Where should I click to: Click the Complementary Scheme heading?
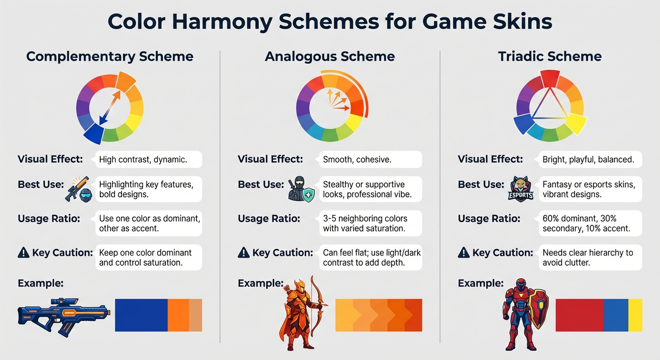pyautogui.click(x=110, y=57)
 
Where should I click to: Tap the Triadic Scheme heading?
pyautogui.click(x=550, y=57)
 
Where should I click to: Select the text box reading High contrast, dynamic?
pyautogui.click(x=148, y=159)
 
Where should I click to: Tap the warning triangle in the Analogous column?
pyautogui.click(x=243, y=253)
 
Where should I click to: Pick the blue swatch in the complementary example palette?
pyautogui.click(x=141, y=315)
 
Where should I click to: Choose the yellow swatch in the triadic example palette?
pyautogui.click(x=635, y=315)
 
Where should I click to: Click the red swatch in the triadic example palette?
pyautogui.click(x=579, y=315)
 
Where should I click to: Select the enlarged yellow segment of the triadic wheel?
pyautogui.click(x=576, y=125)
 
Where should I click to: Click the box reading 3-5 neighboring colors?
pyautogui.click(x=370, y=224)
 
